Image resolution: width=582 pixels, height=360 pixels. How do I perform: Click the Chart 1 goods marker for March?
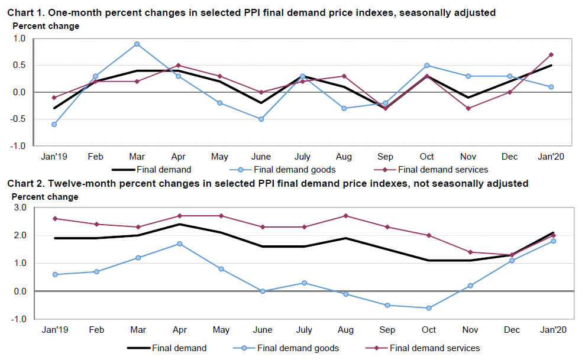137,44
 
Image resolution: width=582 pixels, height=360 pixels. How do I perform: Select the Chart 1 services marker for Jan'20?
551,54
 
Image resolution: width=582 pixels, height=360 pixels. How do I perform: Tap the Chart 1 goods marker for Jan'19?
54,124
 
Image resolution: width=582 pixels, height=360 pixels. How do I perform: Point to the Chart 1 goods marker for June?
261,119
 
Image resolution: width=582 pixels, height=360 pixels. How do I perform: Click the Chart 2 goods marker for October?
428,308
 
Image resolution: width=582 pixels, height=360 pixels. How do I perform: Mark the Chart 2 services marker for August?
345,216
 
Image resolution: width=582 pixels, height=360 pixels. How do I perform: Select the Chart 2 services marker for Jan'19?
54,219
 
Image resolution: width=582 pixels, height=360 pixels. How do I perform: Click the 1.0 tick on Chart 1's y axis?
20,38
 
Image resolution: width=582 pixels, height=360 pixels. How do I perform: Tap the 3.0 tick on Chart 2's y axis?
20,207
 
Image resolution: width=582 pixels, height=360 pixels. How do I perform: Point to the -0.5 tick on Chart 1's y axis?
18,119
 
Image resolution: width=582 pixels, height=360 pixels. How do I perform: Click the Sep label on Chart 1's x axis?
385,157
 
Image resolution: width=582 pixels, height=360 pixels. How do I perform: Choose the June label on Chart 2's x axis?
263,330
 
